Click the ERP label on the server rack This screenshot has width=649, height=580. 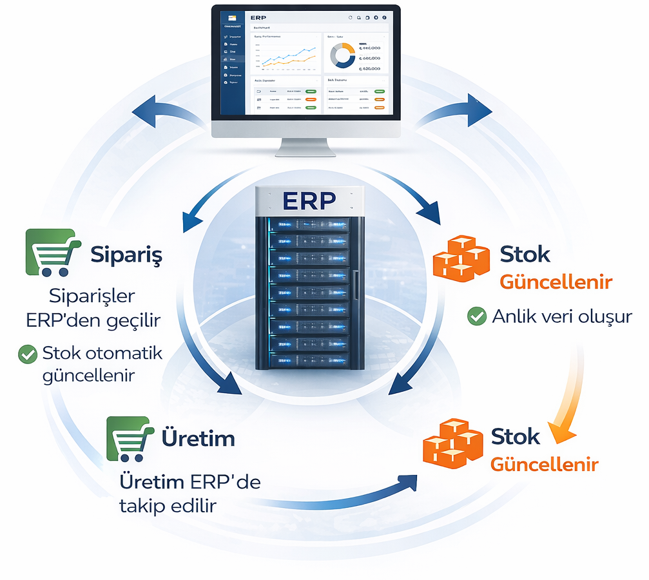pyautogui.click(x=308, y=200)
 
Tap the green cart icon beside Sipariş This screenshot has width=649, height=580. pyautogui.click(x=52, y=253)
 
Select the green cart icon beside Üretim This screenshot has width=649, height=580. pyautogui.click(x=130, y=438)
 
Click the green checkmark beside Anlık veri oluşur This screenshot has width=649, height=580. pyautogui.click(x=476, y=316)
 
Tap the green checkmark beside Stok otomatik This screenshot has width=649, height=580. pyautogui.click(x=28, y=354)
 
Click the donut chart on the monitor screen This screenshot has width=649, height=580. pyautogui.click(x=342, y=56)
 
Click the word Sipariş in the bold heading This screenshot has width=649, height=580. pyautogui.click(x=126, y=255)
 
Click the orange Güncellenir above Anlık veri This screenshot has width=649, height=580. pyautogui.click(x=556, y=282)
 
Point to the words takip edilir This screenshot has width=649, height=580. pyautogui.click(x=168, y=506)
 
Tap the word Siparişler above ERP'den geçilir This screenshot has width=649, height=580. pyautogui.click(x=92, y=297)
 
